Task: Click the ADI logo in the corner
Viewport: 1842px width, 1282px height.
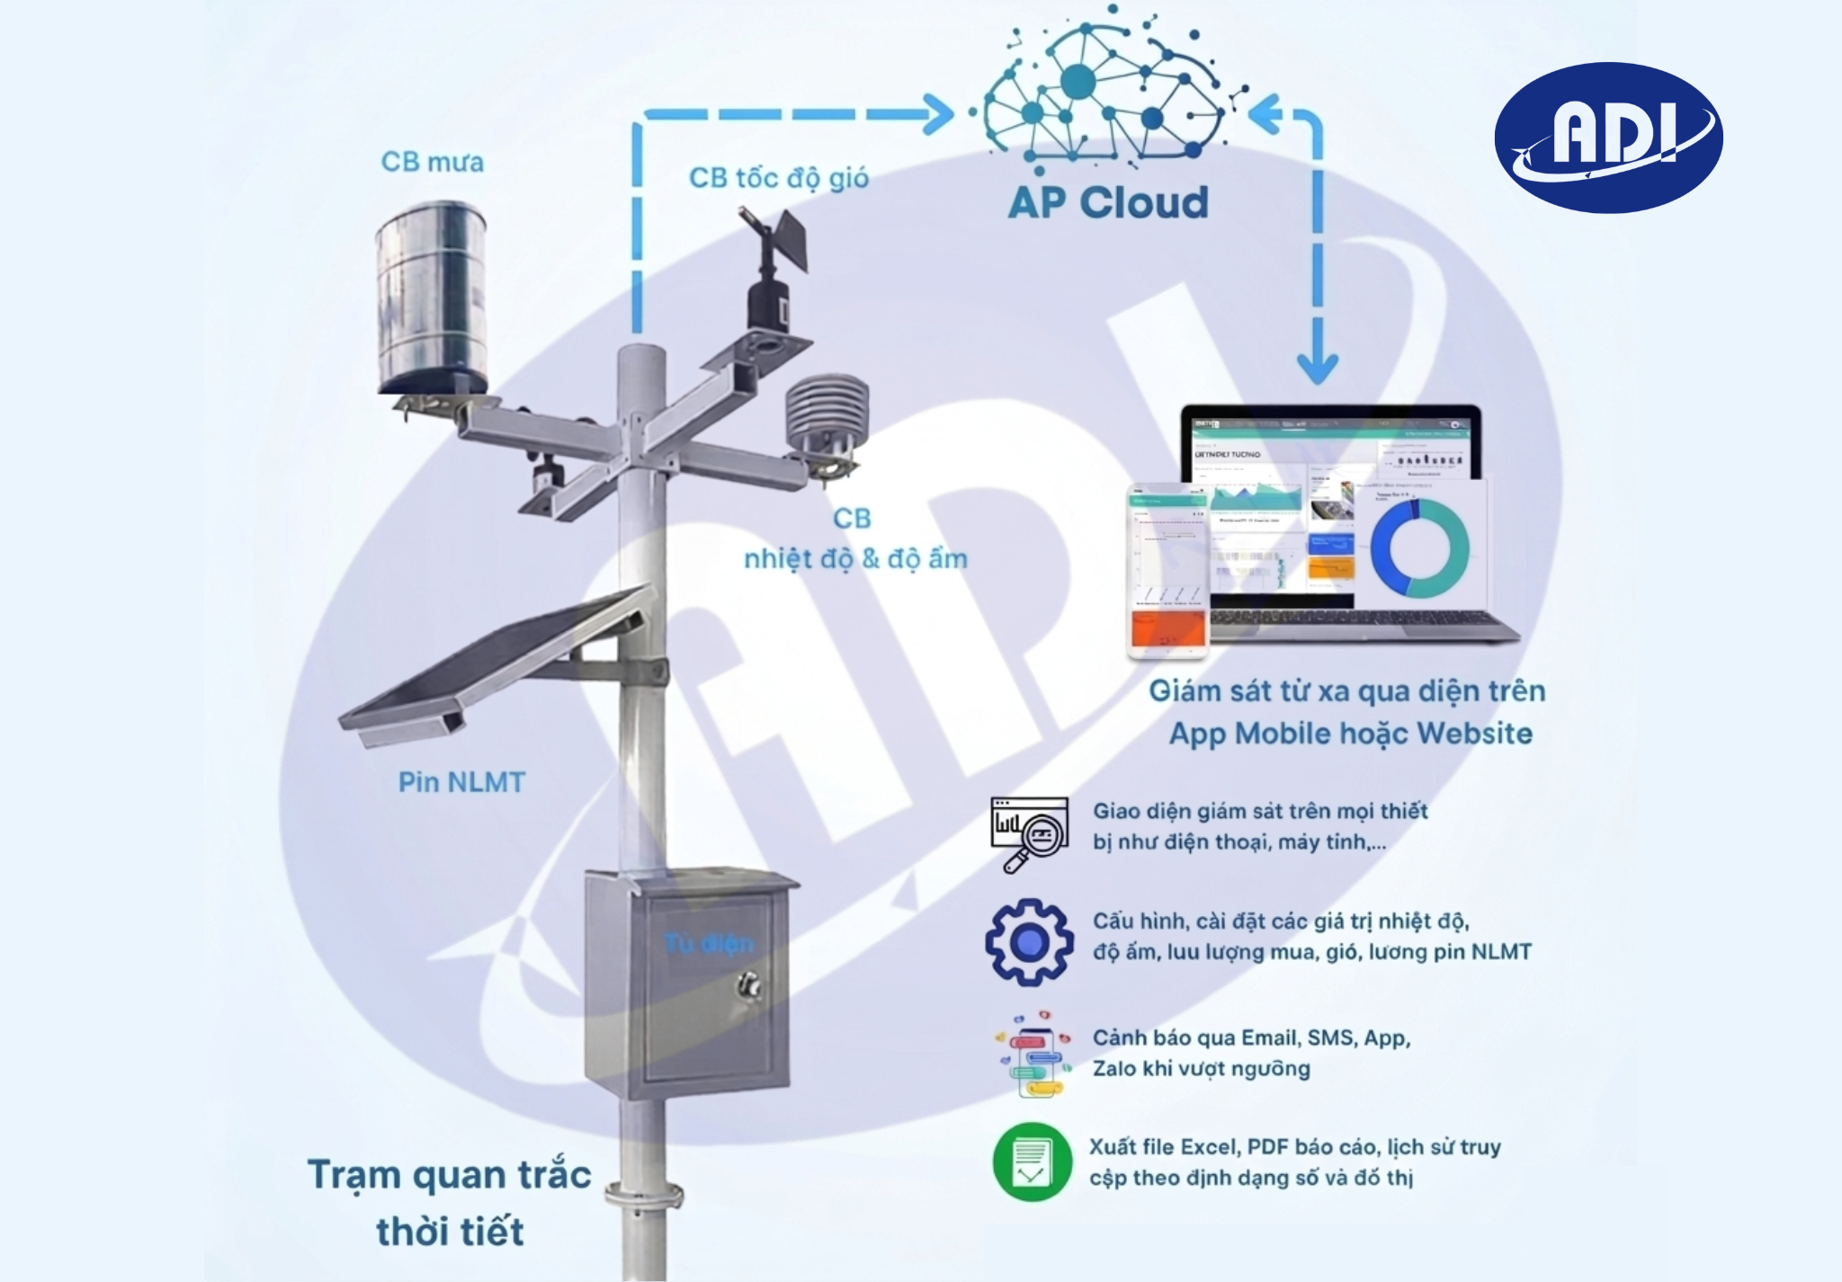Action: pos(1608,137)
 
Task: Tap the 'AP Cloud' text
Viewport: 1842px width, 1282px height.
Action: pos(1108,202)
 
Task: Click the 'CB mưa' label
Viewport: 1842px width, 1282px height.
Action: pos(432,162)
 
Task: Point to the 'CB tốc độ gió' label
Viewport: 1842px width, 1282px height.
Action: pos(779,178)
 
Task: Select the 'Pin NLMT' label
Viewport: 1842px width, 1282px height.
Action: pos(461,782)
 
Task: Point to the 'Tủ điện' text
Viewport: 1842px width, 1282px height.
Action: pos(709,944)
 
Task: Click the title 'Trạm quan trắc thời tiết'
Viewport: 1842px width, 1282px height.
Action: pos(450,1203)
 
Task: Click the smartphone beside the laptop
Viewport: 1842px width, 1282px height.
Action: pos(1167,570)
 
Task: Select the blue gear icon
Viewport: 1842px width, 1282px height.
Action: pos(1030,941)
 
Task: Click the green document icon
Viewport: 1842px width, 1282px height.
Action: pos(1032,1162)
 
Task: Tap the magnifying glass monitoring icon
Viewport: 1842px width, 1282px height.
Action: pos(1029,832)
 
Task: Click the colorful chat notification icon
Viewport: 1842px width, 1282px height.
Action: pos(1033,1054)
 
